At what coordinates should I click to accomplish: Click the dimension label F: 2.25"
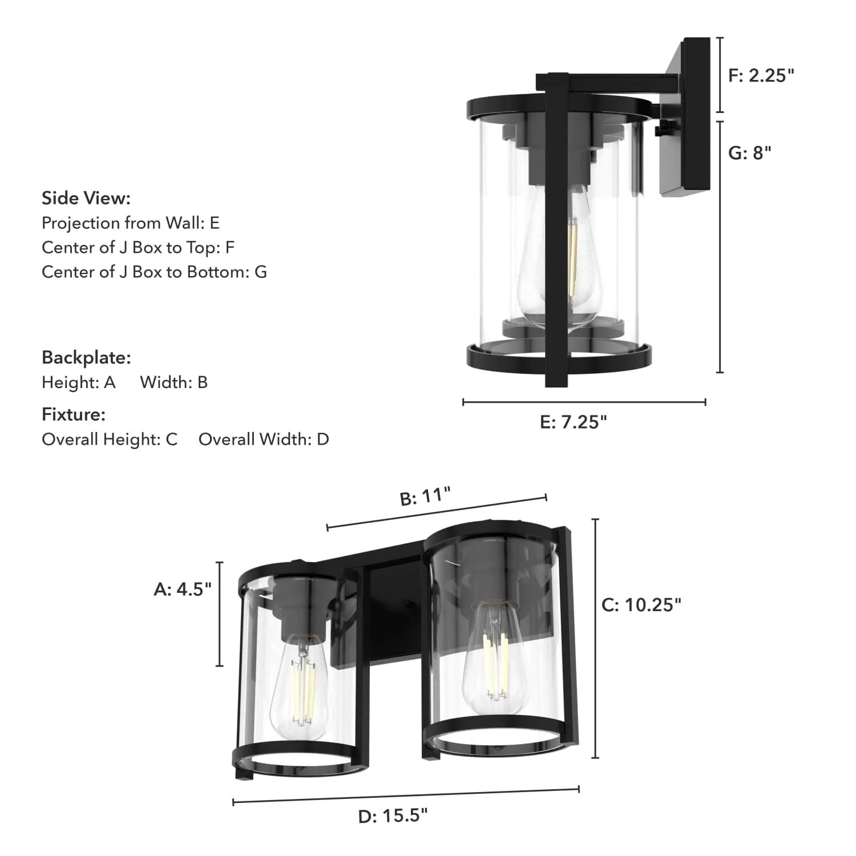761,75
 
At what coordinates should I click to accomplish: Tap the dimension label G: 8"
749,153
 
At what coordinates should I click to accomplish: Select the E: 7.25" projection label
573,422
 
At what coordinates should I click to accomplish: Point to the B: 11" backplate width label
425,496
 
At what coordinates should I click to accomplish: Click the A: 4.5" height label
183,589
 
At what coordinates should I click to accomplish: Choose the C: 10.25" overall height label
641,605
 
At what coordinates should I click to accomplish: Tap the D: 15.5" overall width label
393,816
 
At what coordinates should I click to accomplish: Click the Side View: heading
86,198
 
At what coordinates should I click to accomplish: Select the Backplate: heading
86,358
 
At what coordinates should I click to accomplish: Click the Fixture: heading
74,414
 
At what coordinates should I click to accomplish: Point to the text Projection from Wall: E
131,223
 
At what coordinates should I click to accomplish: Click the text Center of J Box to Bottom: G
154,272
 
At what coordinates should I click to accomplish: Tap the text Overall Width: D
264,439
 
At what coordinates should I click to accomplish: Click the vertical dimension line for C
595,639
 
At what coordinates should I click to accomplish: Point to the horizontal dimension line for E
584,402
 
